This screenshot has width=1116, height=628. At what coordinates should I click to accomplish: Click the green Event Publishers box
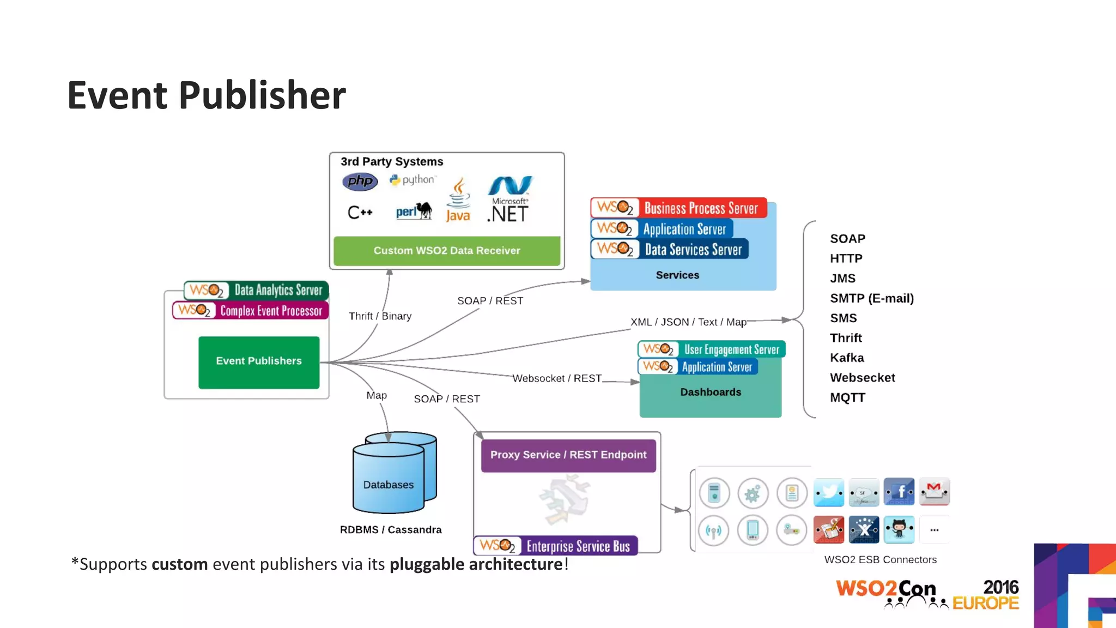[x=259, y=362]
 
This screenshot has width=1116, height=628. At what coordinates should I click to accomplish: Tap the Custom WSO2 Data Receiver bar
[x=447, y=251]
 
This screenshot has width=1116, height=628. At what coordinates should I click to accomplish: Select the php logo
[x=360, y=181]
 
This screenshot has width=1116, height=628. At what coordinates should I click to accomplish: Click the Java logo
[x=458, y=201]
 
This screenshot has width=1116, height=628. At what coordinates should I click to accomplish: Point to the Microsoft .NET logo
[x=509, y=200]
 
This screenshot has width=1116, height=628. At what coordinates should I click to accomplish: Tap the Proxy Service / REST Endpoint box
[x=568, y=455]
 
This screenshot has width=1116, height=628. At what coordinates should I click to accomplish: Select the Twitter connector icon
[x=829, y=492]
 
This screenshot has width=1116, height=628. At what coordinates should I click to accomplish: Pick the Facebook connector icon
[x=899, y=492]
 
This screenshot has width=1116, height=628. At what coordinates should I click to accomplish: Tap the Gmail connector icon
[x=935, y=492]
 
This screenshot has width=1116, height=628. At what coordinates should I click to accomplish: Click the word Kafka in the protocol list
[x=847, y=358]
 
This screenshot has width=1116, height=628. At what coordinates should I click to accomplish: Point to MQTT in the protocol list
[x=847, y=398]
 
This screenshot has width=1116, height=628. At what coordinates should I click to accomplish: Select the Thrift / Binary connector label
[x=380, y=316]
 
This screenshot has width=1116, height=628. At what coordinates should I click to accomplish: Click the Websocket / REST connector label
[x=557, y=378]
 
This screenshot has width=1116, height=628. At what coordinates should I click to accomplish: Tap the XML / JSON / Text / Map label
[x=688, y=322]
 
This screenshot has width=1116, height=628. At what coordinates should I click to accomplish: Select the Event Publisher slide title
[x=207, y=95]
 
